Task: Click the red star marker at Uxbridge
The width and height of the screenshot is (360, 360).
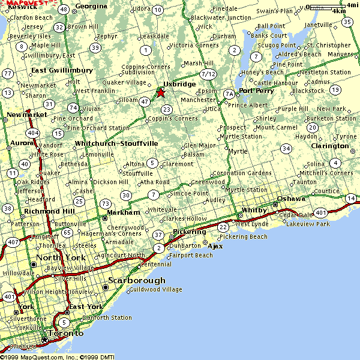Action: pos(160,93)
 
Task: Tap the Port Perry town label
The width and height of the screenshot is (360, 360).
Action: pos(256,91)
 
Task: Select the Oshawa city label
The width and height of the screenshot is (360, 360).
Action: pos(291,198)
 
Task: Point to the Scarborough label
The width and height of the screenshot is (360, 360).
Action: pos(136,280)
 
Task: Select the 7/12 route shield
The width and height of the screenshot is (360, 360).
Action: pos(208,74)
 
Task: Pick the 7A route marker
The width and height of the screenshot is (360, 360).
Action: pos(229,94)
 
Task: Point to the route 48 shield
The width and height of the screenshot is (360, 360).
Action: pos(64,9)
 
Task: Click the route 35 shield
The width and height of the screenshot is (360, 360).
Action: pos(347,22)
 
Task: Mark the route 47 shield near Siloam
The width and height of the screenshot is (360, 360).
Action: pos(145,102)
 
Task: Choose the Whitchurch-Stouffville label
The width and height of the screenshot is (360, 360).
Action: pos(116,143)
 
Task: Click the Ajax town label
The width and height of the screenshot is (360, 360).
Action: pos(214,246)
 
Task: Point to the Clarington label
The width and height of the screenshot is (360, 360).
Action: pos(330,146)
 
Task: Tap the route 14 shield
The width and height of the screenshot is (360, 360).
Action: pos(350,198)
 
